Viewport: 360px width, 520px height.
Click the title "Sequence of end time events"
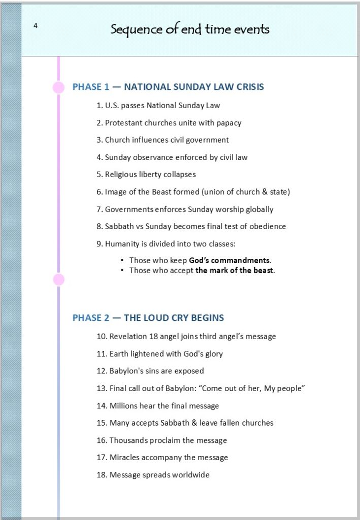190,29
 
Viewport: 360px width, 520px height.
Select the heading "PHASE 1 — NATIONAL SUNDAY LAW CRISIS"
168,87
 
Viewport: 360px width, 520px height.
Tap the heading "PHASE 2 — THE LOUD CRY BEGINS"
148,318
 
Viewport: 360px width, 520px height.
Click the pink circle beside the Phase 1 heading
59,87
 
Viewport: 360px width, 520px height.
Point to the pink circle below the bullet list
59,279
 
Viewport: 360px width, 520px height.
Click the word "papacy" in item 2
229,122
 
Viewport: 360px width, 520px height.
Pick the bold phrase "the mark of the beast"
235,270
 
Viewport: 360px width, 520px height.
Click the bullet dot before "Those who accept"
122,270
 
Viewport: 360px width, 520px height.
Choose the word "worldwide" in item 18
190,475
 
